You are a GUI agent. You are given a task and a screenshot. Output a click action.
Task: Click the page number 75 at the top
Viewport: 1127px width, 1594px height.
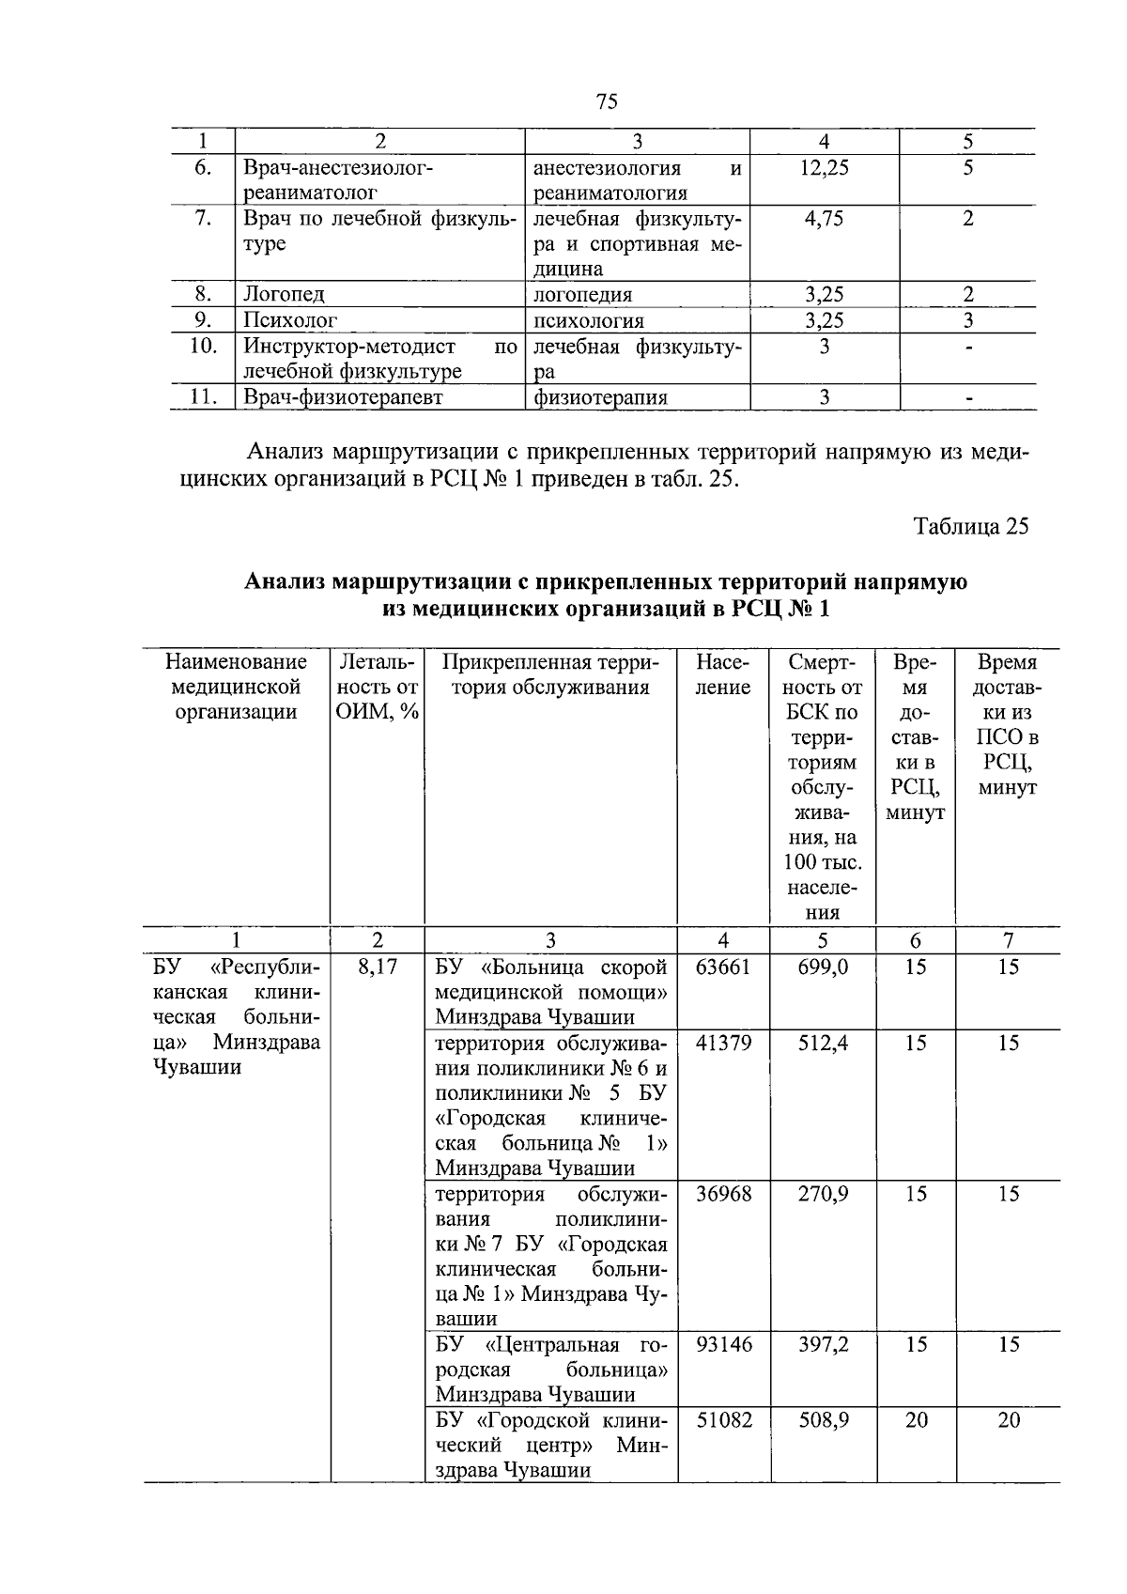pos(607,101)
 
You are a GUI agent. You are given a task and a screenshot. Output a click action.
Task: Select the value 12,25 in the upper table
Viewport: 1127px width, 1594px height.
pos(824,167)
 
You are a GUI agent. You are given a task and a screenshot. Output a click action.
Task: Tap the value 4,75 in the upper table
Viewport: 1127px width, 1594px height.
pos(824,218)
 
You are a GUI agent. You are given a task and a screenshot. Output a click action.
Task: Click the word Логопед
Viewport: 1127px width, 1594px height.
pos(284,295)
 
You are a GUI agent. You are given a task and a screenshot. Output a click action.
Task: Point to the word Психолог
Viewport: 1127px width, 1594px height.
pos(289,320)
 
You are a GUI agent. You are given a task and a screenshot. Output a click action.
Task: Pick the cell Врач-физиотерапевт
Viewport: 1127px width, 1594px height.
pos(343,397)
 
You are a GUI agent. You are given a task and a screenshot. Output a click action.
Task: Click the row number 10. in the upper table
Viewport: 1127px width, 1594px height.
pos(203,346)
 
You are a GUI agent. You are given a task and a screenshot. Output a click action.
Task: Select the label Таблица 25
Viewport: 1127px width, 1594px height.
pos(972,526)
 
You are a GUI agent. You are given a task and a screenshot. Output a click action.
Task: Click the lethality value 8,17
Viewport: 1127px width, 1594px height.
pos(377,967)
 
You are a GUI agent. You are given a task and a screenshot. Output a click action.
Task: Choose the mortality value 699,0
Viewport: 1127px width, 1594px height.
pos(823,967)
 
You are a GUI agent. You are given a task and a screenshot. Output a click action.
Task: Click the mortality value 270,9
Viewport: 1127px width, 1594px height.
pos(823,1194)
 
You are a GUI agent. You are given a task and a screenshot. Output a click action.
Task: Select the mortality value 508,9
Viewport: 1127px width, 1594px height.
pos(823,1420)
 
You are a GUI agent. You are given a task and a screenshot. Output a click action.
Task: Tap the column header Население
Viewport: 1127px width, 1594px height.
pos(722,674)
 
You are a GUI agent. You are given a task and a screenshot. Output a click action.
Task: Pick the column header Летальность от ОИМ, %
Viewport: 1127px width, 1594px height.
pos(377,687)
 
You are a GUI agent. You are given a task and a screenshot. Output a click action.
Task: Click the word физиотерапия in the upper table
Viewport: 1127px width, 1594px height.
pos(600,397)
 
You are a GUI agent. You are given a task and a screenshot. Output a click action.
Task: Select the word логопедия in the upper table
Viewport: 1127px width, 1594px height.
pos(582,295)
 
